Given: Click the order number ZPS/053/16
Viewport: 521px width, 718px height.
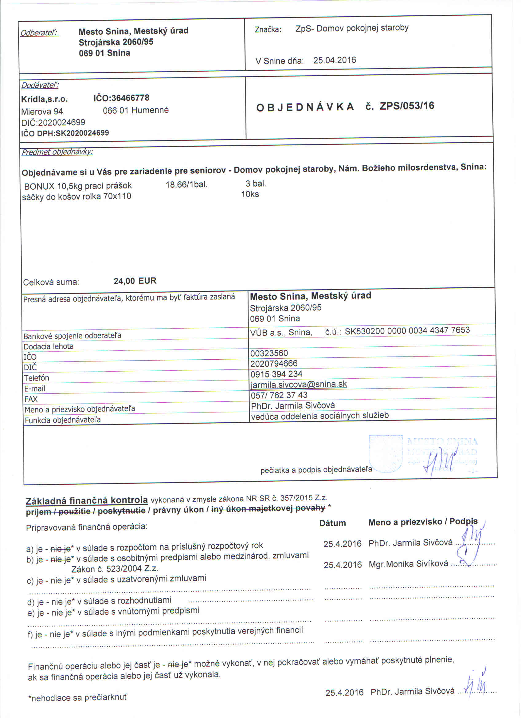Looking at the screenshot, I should [x=407, y=106].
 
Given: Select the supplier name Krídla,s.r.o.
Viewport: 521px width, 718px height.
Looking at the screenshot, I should [x=44, y=99].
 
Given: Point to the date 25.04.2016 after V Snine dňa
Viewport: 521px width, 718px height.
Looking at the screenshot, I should [x=334, y=60].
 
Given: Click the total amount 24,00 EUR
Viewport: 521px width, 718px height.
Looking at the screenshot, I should [x=135, y=281].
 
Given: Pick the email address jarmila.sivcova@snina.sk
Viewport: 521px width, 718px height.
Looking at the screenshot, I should [x=299, y=384].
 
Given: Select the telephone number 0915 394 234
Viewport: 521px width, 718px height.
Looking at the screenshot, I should [x=276, y=374].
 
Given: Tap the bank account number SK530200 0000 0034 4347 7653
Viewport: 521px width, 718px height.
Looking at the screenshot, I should [x=407, y=331].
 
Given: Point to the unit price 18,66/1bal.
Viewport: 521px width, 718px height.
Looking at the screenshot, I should [x=186, y=184].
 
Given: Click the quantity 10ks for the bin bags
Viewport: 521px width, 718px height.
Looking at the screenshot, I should [x=250, y=194].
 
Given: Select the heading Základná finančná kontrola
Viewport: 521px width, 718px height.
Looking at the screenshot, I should [x=87, y=500].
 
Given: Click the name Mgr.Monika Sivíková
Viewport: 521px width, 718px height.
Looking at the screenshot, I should [x=408, y=564].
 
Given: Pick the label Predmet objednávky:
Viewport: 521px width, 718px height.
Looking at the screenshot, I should [x=57, y=152].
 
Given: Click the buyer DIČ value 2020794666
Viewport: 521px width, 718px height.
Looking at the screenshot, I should [x=274, y=364].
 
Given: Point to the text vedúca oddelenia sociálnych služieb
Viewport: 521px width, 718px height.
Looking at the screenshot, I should [x=319, y=416].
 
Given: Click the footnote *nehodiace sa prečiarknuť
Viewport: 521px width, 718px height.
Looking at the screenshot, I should [x=77, y=698].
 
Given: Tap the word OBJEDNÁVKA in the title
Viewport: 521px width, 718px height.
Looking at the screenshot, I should [x=305, y=107].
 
